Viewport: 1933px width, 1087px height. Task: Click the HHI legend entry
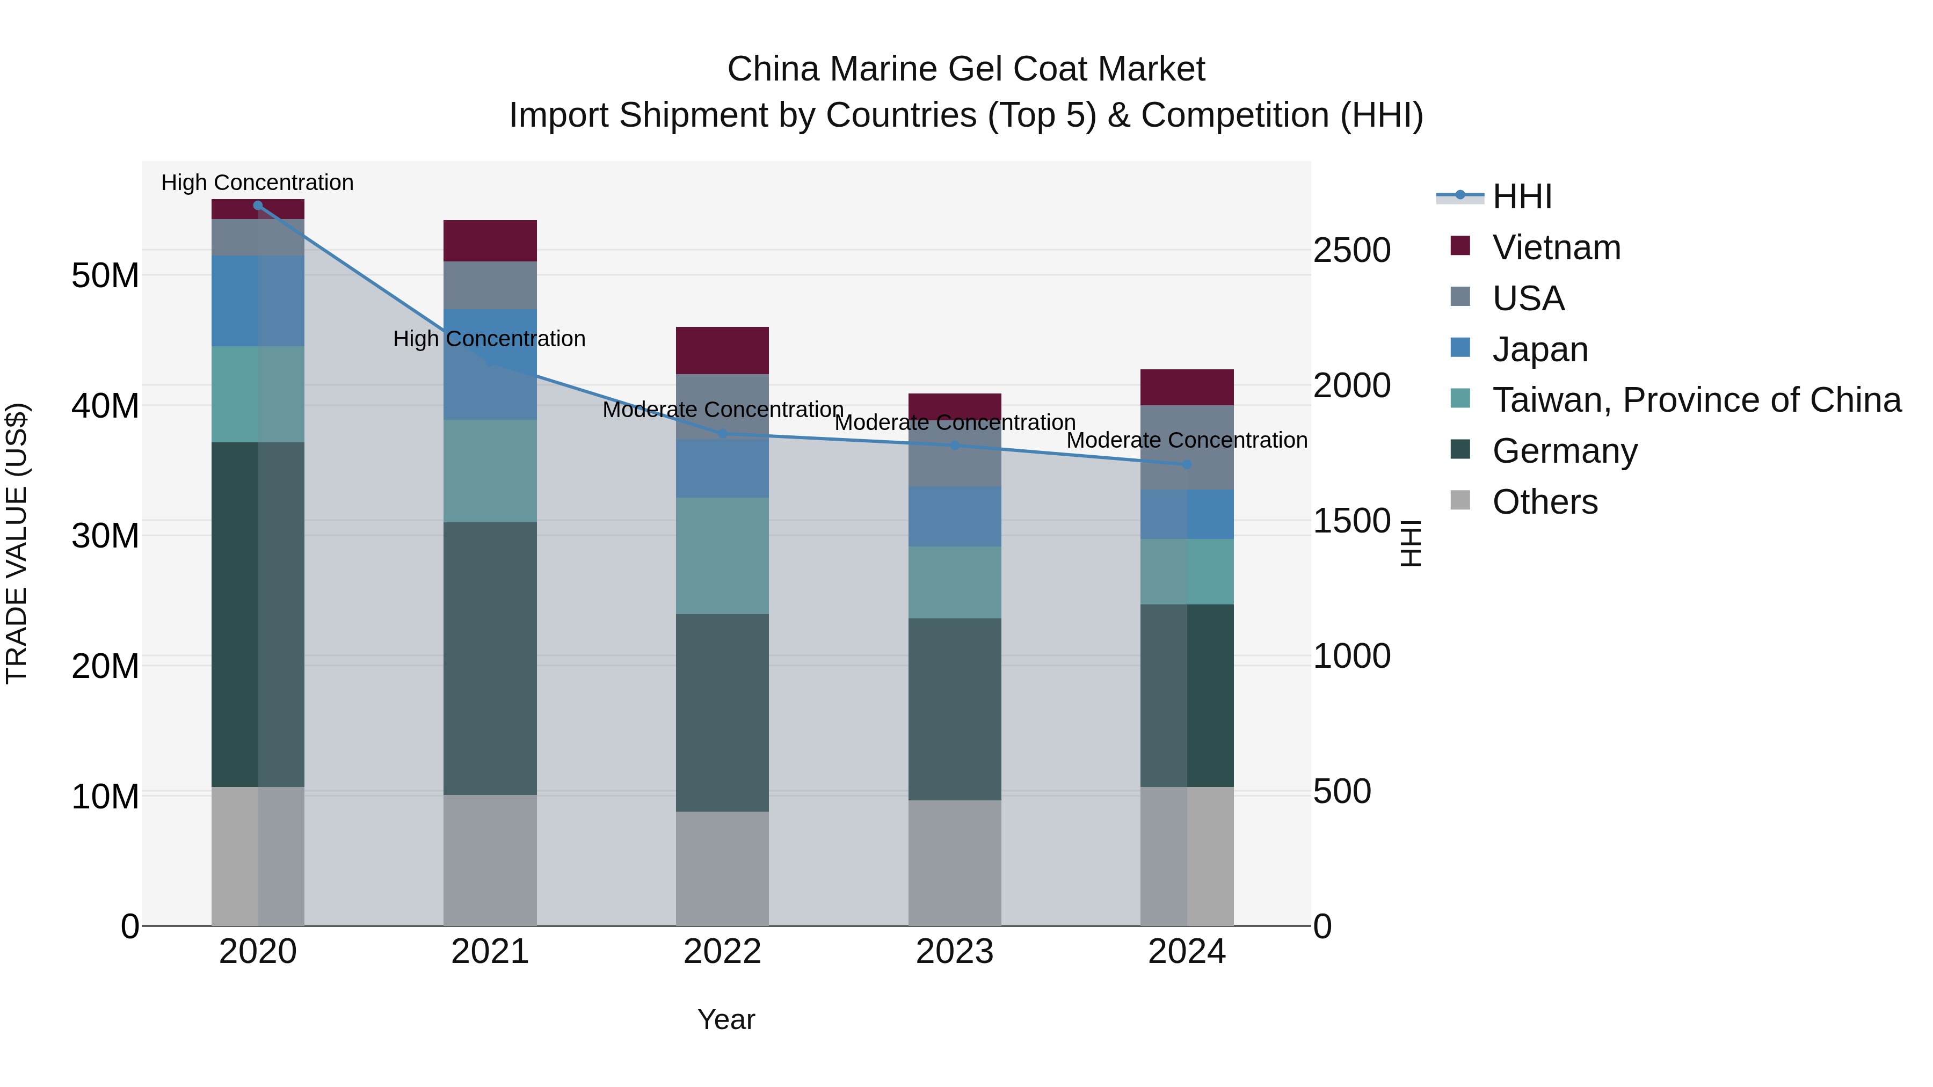click(1521, 196)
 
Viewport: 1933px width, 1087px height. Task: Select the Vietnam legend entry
click(1556, 247)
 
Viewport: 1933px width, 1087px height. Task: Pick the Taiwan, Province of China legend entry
click(1696, 400)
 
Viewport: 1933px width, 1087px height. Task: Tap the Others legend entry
click(1544, 502)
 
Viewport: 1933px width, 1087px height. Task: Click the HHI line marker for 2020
click(257, 205)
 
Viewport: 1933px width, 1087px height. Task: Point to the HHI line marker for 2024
click(1186, 464)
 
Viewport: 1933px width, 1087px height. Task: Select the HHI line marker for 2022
click(722, 434)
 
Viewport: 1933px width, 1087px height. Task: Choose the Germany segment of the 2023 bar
click(955, 709)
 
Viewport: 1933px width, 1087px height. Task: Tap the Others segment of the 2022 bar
click(722, 868)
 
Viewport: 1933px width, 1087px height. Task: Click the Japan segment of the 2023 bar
click(955, 516)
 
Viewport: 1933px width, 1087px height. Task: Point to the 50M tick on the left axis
click(105, 276)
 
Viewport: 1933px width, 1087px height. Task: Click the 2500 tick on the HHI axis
click(1351, 251)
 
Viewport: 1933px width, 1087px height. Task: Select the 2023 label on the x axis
click(955, 952)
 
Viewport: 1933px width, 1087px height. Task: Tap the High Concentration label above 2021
click(489, 339)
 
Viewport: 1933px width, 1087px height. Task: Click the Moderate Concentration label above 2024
click(1186, 440)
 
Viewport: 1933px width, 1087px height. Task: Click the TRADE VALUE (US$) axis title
click(17, 543)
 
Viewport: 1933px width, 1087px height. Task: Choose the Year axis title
click(725, 1019)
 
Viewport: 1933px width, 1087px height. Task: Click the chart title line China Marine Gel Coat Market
click(966, 69)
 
